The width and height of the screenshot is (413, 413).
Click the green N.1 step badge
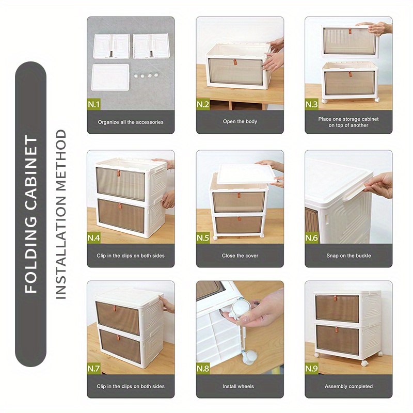[94, 105]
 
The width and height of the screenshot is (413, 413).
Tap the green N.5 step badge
[203, 238]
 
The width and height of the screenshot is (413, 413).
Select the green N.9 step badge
[312, 369]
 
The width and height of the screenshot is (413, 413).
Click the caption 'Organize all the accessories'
[131, 122]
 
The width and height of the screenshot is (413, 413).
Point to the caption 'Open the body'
[240, 122]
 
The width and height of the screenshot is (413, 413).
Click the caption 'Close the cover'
[240, 256]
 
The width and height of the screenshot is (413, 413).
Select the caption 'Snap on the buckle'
[348, 256]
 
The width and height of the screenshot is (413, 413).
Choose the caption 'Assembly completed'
[348, 386]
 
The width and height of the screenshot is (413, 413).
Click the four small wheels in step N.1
[145, 75]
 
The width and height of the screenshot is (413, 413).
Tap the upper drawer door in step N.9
[337, 308]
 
